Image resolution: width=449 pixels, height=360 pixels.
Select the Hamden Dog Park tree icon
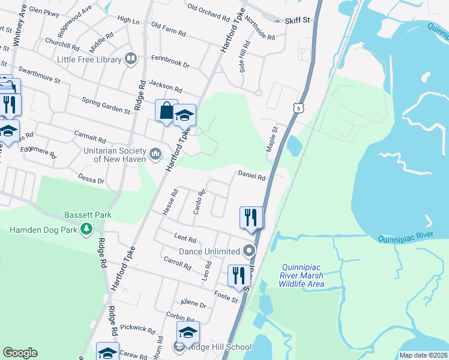87,229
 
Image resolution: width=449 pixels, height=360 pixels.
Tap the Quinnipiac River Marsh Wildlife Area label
303,275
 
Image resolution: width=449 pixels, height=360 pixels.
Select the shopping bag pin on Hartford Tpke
166,110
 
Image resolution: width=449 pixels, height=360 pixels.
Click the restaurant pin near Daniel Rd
251,217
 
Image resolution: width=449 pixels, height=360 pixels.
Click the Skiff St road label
297,20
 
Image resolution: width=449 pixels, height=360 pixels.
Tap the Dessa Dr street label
91,179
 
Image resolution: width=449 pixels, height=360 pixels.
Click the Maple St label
272,139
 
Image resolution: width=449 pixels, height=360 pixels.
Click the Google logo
20,353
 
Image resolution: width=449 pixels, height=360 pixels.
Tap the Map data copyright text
424,355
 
